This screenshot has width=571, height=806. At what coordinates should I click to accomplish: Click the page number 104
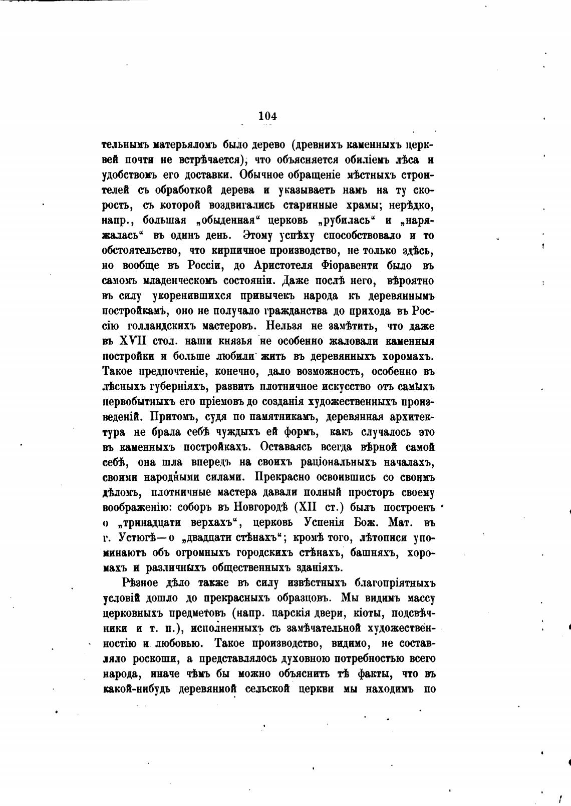pos(267,116)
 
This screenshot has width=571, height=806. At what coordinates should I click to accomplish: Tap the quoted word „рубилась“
pos(348,220)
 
